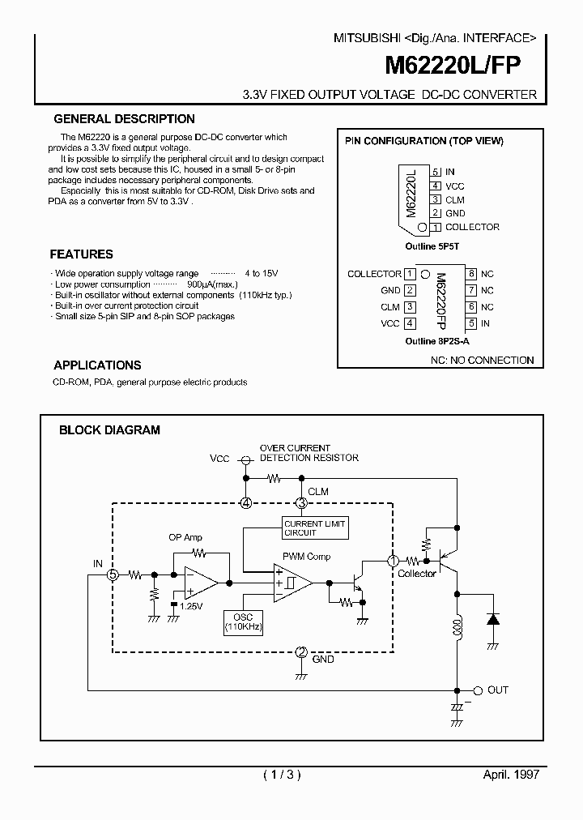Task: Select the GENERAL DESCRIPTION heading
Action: point(124,119)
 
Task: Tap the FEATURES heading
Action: point(82,254)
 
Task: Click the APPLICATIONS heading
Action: point(97,365)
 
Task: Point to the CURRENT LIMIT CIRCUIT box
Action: point(314,528)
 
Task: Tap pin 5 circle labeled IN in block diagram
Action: point(114,574)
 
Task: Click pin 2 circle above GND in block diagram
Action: point(301,652)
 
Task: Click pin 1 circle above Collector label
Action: point(394,561)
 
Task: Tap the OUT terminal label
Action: point(497,690)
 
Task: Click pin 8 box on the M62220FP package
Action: point(470,274)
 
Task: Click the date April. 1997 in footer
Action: point(511,774)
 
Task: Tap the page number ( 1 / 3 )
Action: point(283,774)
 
